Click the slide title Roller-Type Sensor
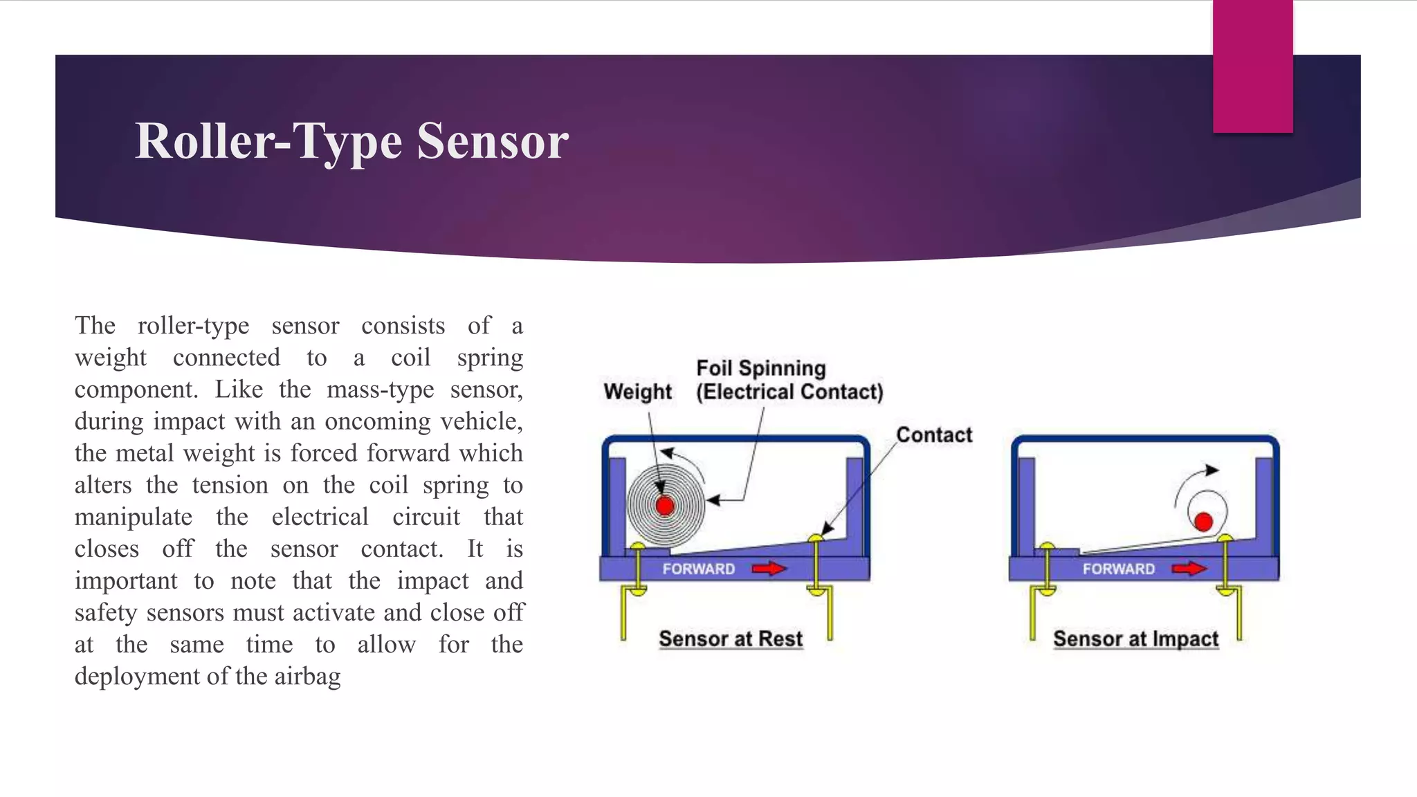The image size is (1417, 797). click(351, 141)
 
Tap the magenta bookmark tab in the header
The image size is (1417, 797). click(1252, 66)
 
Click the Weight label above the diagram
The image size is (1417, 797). click(637, 392)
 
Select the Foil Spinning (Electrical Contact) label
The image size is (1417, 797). click(789, 380)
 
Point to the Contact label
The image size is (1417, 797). click(934, 434)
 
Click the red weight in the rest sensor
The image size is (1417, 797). click(665, 506)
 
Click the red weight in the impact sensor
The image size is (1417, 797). click(1203, 522)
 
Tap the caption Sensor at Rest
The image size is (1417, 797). click(731, 639)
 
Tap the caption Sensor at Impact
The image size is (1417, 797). click(1135, 639)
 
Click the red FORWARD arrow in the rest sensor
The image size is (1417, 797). click(769, 569)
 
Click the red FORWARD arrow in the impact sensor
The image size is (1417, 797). click(1189, 569)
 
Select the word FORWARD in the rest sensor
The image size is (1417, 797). click(699, 569)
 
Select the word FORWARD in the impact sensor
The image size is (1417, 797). click(1119, 569)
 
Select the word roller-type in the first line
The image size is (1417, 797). click(193, 326)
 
